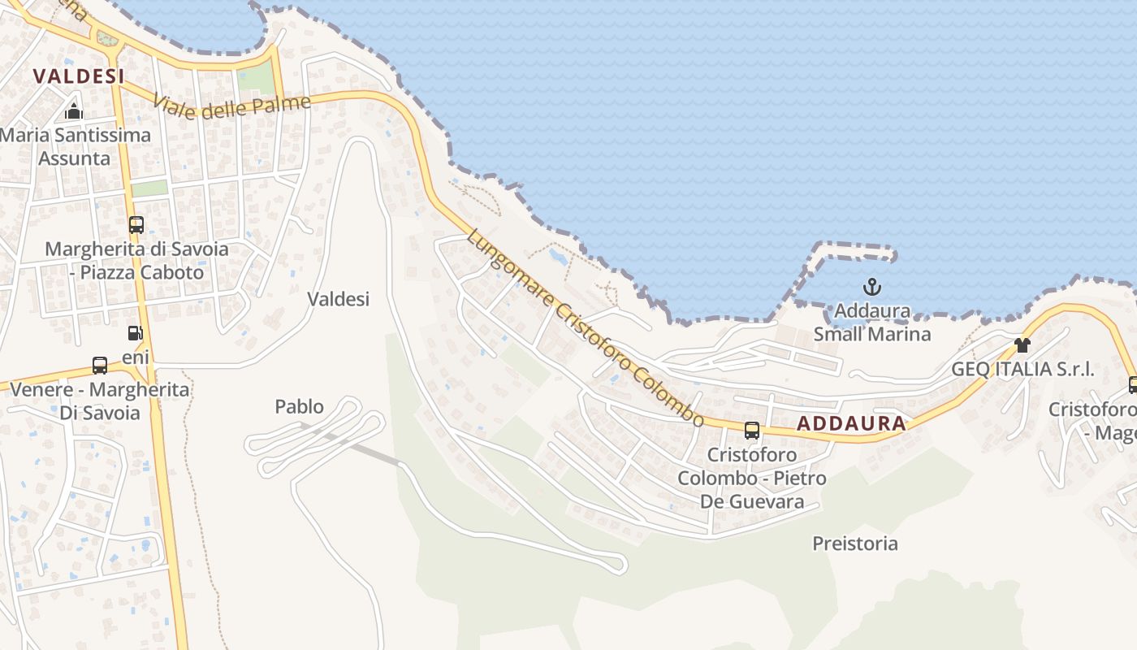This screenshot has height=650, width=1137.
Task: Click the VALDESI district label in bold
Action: pyautogui.click(x=79, y=76)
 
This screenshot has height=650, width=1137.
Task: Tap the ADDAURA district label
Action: pyautogui.click(x=851, y=423)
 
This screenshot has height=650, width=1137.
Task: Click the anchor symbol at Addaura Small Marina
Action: pyautogui.click(x=871, y=287)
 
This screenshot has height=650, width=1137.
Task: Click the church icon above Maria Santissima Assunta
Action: pyautogui.click(x=74, y=111)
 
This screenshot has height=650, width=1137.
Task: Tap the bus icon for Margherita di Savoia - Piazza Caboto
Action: pyautogui.click(x=136, y=225)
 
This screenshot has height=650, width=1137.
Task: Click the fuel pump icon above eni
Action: pyautogui.click(x=135, y=333)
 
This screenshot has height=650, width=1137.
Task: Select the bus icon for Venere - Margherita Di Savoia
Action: pyautogui.click(x=100, y=366)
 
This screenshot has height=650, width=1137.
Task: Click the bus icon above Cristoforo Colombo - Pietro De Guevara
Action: pyautogui.click(x=752, y=431)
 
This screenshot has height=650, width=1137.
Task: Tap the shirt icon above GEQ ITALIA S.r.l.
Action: pyautogui.click(x=1022, y=345)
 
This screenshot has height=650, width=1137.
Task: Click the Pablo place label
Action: pyautogui.click(x=299, y=406)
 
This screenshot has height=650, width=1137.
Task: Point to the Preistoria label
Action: pyautogui.click(x=855, y=544)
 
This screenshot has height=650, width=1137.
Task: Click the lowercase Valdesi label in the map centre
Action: pyautogui.click(x=338, y=299)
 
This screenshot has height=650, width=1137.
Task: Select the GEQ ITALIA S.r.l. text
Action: pyautogui.click(x=1023, y=369)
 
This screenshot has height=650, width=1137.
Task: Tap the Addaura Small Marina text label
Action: pyautogui.click(x=872, y=323)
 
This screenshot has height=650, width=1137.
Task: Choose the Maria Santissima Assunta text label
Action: pyautogui.click(x=75, y=146)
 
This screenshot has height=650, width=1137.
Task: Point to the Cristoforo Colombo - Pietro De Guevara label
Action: pyautogui.click(x=752, y=478)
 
